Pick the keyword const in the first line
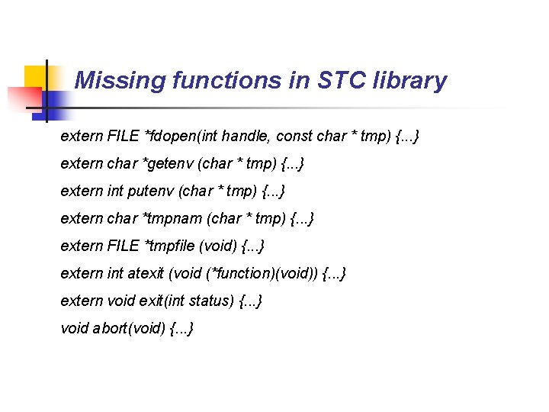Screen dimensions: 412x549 pyautogui.click(x=294, y=137)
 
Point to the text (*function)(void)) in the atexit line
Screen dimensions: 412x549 pyautogui.click(x=243, y=274)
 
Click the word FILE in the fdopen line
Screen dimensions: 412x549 pyautogui.click(x=124, y=137)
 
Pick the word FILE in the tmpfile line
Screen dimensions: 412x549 pyautogui.click(x=124, y=246)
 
